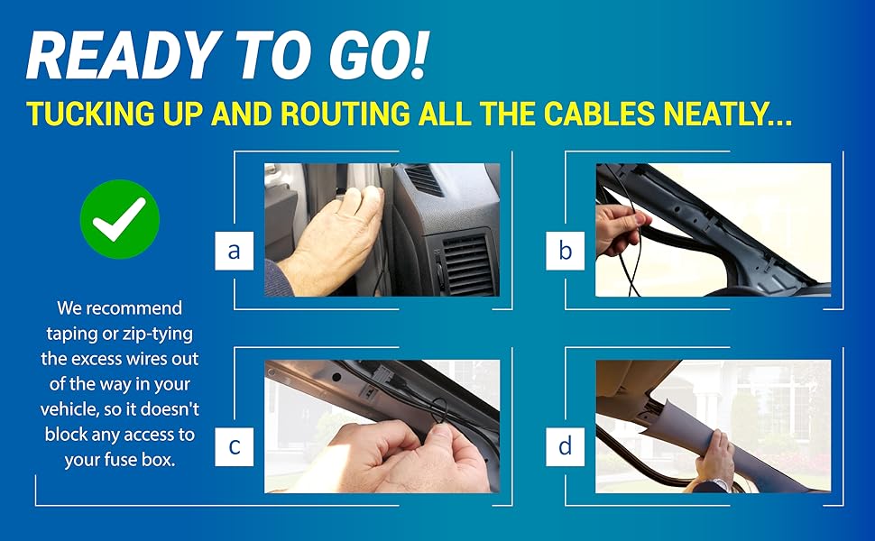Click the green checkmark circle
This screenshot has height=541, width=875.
click(119, 218)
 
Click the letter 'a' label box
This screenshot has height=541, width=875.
click(235, 250)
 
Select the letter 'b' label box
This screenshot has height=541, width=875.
click(566, 250)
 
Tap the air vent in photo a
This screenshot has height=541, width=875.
click(465, 261)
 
